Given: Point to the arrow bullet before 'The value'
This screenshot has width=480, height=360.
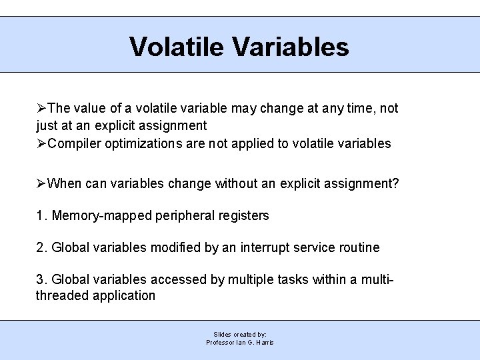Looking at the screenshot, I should pos(42,108).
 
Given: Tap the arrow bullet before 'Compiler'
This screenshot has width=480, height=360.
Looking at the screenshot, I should pos(42,143).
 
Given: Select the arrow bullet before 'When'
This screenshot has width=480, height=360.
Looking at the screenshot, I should pos(42,183).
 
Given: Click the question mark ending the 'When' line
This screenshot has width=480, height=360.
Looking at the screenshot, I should pos(395,183).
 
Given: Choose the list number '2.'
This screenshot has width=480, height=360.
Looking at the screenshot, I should pos(41,247).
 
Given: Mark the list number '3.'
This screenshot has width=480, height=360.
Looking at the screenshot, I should pos(41,280).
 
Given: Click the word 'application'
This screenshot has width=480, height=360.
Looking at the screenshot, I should pos(123,295).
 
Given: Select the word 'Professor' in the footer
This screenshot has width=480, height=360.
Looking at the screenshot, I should pos(221,342).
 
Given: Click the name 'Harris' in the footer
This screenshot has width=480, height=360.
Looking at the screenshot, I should pos(265,342).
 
